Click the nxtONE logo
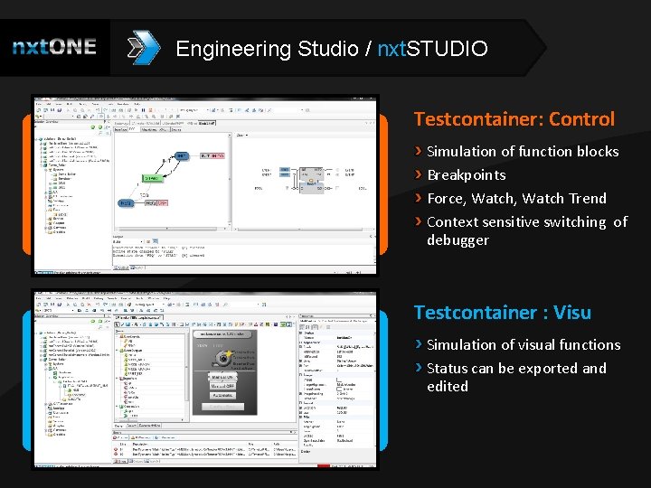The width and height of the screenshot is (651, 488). coord(54,47)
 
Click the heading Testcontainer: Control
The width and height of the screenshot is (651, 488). coord(514,119)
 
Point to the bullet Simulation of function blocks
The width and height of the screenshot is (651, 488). coord(523,151)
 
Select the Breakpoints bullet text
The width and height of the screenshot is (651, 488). coord(466,174)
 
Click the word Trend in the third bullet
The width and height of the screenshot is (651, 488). coord(586,198)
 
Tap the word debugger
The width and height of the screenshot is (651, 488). coord(458,239)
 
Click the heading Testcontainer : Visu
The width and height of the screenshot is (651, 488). coord(502,313)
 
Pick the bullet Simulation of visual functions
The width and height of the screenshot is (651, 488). coord(524,344)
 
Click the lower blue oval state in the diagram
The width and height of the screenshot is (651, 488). coord(126,203)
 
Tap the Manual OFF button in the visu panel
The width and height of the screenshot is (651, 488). coord(223,385)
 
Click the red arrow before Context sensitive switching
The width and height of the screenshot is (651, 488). coord(418,221)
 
